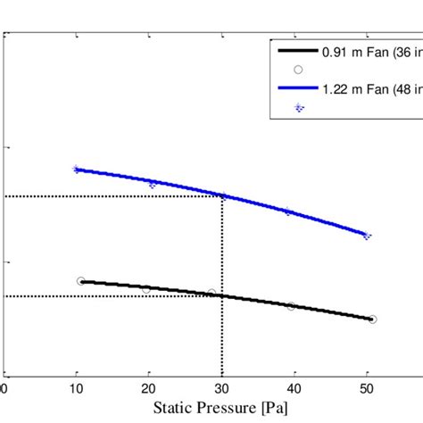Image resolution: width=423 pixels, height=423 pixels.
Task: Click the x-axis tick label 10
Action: click(76, 388)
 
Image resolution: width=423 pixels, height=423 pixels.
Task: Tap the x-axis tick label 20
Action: click(149, 388)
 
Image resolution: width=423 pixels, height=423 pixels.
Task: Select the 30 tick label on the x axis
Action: click(221, 388)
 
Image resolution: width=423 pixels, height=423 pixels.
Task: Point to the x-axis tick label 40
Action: click(294, 388)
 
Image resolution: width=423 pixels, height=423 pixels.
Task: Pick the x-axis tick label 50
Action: click(367, 388)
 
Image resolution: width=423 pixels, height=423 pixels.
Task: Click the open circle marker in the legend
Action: click(299, 69)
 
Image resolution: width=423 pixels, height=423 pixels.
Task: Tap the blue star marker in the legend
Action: click(299, 106)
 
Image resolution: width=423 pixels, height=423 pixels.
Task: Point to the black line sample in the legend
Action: click(299, 50)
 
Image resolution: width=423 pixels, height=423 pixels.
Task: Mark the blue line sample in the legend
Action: click(299, 87)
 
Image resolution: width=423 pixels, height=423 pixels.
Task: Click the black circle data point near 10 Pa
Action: click(81, 281)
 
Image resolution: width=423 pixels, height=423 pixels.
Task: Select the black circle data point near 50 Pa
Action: click(372, 319)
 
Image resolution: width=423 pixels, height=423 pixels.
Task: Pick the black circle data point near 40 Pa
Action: click(291, 306)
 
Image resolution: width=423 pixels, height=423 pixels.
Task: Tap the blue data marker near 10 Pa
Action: click(76, 169)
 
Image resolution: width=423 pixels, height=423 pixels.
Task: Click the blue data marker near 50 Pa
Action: click(366, 236)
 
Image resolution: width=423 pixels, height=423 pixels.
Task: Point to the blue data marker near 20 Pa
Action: click(153, 184)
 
